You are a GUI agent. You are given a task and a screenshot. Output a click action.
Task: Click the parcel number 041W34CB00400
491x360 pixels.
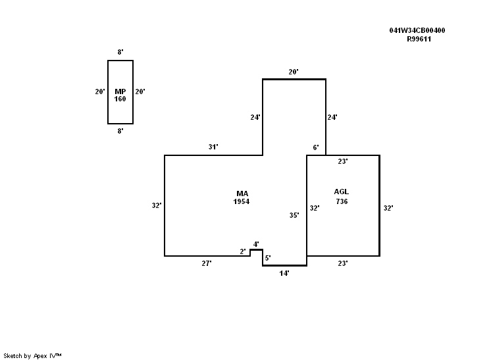pos(417,31)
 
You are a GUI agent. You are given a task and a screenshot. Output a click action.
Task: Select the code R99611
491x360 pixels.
pos(419,39)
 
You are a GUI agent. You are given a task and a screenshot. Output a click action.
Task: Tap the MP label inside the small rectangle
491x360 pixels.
pos(120,91)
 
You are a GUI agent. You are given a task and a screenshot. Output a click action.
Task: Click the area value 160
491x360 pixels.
pos(120,99)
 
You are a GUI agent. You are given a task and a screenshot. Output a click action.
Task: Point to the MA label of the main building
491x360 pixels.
pos(242,193)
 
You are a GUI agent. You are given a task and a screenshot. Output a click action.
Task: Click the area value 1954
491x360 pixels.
pos(242,201)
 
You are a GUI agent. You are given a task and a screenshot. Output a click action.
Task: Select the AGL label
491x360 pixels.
pos(341,192)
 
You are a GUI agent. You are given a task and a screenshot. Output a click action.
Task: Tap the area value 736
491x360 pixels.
pos(341,201)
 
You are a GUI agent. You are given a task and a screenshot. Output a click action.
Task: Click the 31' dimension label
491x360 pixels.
pos(213,147)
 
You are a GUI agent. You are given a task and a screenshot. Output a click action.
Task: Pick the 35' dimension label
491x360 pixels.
pos(294,215)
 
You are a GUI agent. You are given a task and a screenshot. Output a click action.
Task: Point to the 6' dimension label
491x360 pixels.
pos(316,147)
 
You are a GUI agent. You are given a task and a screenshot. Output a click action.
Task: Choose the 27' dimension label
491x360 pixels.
pos(206,263)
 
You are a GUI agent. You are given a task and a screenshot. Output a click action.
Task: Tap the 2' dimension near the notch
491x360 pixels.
pos(243,251)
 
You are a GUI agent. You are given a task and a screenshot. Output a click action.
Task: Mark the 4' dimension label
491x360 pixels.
pos(256,244)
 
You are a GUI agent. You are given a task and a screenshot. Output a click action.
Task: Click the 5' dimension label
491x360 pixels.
pos(268,259)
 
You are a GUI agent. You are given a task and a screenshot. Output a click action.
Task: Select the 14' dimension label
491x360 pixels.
pos(284,272)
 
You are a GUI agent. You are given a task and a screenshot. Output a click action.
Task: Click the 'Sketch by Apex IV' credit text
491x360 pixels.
pos(33,355)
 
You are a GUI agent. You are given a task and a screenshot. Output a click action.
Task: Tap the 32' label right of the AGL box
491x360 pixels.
pos(388,208)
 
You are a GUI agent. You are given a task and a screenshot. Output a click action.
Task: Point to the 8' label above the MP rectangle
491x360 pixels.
pos(120,51)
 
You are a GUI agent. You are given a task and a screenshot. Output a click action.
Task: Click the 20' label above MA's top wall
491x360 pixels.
pos(294,71)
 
